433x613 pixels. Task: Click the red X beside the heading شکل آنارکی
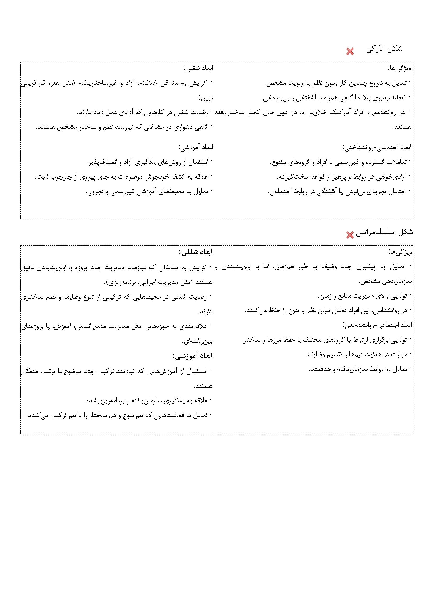click(x=350, y=51)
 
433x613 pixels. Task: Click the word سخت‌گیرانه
click(x=295, y=177)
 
